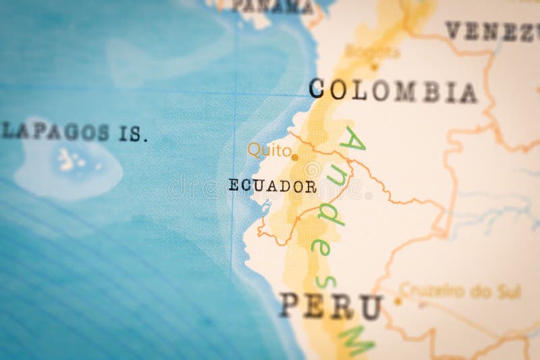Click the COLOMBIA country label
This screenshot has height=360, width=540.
[x=393, y=91]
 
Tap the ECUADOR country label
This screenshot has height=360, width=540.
[x=273, y=186]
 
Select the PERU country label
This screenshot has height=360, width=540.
[x=331, y=307]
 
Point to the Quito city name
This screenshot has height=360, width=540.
[x=269, y=150]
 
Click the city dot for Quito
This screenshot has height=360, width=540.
[x=295, y=157]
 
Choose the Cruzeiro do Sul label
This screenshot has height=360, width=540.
[x=460, y=292]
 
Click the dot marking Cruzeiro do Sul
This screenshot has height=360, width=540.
[x=398, y=301]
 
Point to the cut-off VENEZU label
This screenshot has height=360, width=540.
[x=491, y=31]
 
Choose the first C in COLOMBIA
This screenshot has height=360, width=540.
[x=319, y=88]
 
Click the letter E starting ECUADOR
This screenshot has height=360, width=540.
[x=234, y=186]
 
